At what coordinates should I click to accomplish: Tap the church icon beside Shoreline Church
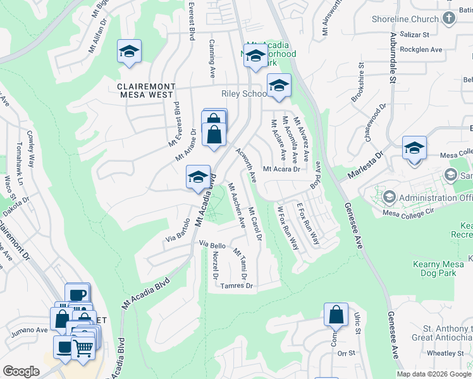tap(449, 18)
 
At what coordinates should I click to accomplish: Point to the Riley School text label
tap(243, 94)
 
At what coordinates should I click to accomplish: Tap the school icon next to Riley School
tap(278, 85)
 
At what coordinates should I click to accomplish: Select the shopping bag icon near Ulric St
tap(336, 315)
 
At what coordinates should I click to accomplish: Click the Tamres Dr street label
tap(237, 286)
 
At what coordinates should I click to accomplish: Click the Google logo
tap(21, 371)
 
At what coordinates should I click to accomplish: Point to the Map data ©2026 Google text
tap(433, 373)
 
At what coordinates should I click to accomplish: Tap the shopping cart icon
tap(83, 346)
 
